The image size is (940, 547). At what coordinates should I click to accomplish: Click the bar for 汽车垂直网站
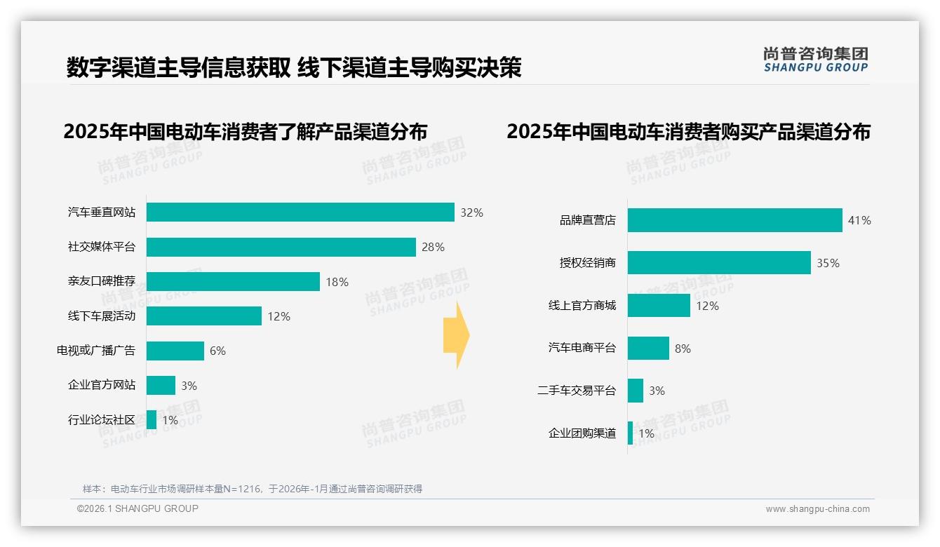click(x=300, y=212)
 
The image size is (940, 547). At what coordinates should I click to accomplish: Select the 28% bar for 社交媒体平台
click(x=281, y=247)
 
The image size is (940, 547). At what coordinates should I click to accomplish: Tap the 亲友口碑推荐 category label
click(x=102, y=282)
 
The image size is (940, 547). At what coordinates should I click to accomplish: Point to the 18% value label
click(x=337, y=282)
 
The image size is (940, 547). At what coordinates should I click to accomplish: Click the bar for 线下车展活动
click(x=203, y=316)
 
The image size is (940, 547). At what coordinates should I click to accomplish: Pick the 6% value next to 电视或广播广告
click(x=217, y=351)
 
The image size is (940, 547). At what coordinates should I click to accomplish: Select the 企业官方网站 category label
click(x=102, y=385)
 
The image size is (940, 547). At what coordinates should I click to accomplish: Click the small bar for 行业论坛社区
click(x=152, y=419)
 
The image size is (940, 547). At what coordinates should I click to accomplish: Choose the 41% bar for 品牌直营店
click(x=734, y=220)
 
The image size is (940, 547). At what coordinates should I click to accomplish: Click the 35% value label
click(x=828, y=263)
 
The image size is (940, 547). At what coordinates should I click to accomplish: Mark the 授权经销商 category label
click(x=587, y=263)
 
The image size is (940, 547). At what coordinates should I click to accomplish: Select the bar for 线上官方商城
click(x=659, y=306)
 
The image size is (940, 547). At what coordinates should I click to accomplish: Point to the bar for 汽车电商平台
click(x=648, y=349)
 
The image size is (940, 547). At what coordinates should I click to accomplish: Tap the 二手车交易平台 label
click(x=576, y=391)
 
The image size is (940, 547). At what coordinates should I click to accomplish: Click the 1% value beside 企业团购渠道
click(x=646, y=433)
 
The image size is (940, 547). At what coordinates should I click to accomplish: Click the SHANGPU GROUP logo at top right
click(x=816, y=60)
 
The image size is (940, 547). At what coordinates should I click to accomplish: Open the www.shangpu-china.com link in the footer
click(x=817, y=509)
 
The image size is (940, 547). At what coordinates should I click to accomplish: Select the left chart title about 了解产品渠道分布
click(x=246, y=132)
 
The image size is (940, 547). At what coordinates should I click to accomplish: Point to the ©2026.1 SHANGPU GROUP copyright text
click(x=137, y=508)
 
